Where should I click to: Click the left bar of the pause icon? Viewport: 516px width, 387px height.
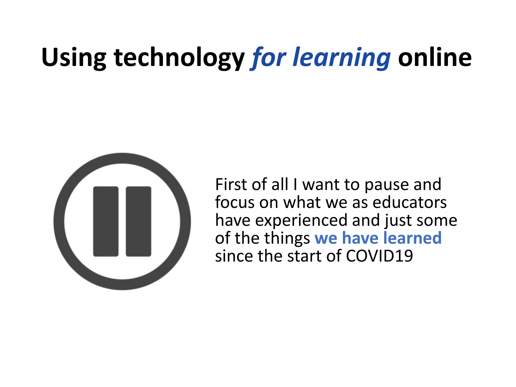click(106, 221)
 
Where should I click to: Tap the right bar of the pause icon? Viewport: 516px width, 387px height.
click(139, 221)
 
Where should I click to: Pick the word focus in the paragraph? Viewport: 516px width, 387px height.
click(235, 202)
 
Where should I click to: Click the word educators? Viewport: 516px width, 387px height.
click(409, 202)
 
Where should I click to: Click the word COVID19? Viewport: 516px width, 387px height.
click(379, 256)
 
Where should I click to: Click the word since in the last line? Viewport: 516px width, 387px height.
click(234, 256)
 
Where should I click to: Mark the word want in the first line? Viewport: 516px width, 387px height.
click(321, 184)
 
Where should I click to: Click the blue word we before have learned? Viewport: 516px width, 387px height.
click(326, 238)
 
